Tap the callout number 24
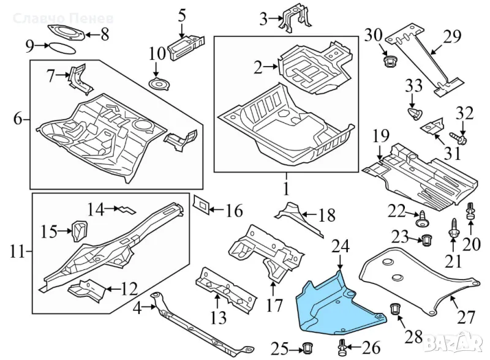coord(341,248)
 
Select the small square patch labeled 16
coord(200,204)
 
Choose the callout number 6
coord(17,119)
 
